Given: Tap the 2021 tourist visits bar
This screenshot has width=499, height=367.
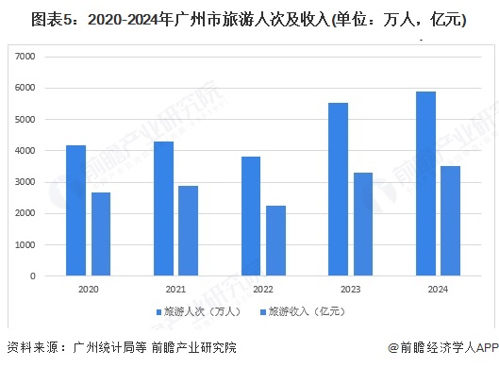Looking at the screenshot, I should coord(163,209).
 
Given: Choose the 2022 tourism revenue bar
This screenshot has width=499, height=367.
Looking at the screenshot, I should coord(275,241).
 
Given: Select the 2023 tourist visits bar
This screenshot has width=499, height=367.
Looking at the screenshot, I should coord(338,189).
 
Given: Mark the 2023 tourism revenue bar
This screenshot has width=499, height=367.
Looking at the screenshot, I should coord(363,225).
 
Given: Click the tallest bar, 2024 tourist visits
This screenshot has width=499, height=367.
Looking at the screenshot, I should coord(425,183).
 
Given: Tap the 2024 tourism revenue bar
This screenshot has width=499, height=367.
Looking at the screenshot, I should coord(450,221).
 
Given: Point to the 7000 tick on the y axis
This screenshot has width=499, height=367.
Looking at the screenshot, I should coord(25,57).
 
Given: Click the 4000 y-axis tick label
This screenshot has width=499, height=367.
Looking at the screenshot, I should coord(25,151).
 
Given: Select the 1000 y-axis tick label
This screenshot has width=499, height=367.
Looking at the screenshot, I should coord(25,244).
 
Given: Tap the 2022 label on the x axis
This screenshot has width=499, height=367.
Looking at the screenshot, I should coord(263,290).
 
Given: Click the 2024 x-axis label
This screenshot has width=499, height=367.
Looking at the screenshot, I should coord(438,290).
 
